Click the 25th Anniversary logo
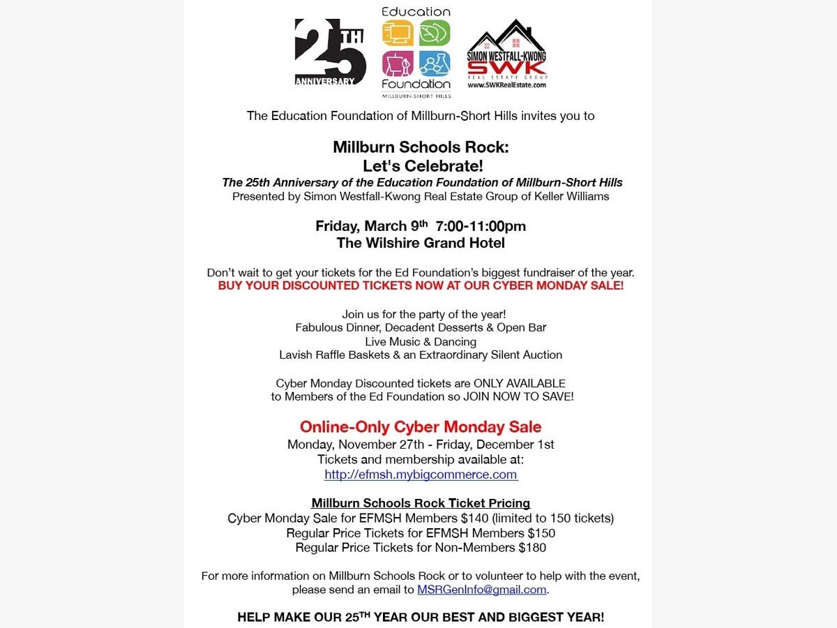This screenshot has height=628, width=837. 330,52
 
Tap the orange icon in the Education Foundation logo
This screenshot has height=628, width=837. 398,33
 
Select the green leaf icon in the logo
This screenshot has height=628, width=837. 435,33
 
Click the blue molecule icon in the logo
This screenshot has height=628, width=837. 435,63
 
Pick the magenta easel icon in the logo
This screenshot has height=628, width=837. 398,63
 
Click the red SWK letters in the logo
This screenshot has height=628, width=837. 506,68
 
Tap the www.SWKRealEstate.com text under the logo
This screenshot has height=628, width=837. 506,85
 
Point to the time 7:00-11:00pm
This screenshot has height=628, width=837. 481,226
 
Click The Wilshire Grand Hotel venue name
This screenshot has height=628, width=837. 421,243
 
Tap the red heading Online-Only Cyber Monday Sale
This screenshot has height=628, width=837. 421,426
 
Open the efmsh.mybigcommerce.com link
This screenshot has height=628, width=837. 421,474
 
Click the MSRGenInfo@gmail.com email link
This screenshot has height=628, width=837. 481,590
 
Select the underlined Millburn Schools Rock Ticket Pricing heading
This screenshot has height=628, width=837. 421,503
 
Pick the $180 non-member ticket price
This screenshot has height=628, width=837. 532,548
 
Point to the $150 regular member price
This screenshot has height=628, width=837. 541,533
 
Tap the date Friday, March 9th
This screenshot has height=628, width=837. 371,226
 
